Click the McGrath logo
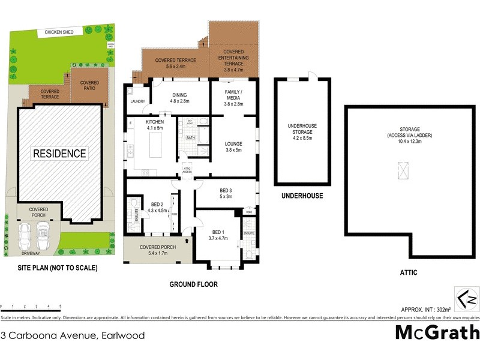437,332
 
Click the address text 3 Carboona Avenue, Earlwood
73,335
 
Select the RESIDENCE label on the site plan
59,153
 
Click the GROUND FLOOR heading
193,284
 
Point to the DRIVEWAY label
29,253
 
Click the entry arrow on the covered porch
188,241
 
